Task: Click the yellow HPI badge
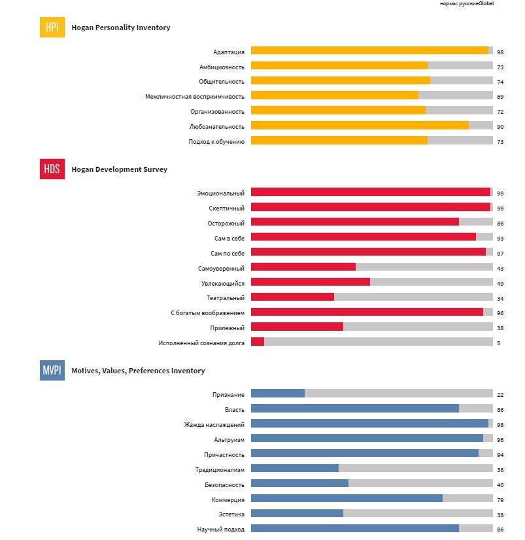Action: tap(52, 27)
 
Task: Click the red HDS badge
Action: tap(52, 169)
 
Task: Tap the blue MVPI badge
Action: tap(52, 371)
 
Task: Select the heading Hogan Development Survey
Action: tap(119, 169)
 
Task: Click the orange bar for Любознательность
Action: tap(360, 126)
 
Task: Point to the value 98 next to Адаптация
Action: tap(500, 51)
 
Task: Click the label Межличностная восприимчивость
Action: tap(195, 96)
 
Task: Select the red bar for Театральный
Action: tap(292, 297)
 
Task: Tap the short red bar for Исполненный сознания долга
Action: tap(258, 342)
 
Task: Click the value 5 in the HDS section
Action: tap(498, 343)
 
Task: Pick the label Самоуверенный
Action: tap(221, 267)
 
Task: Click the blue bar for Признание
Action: tap(278, 394)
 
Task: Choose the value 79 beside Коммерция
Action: tap(500, 500)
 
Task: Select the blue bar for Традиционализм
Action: tap(295, 469)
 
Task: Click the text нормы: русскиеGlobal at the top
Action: tap(467, 4)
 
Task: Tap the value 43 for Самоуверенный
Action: tap(500, 267)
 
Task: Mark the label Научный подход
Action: tap(220, 530)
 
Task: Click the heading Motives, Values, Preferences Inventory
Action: tap(138, 371)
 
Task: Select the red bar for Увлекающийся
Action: tap(311, 282)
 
